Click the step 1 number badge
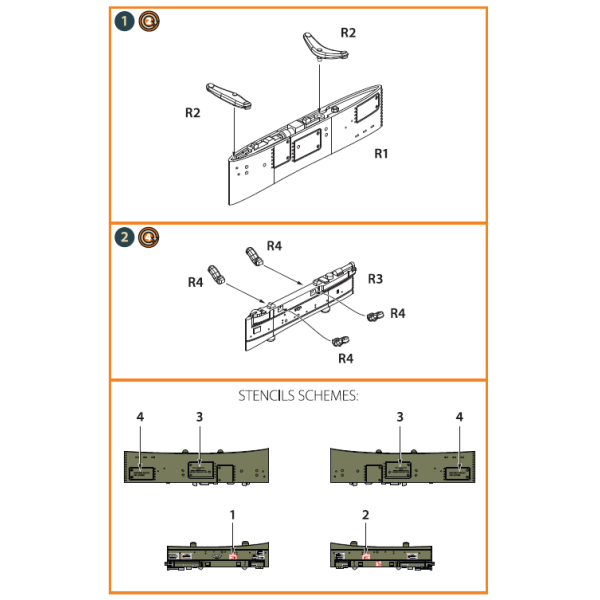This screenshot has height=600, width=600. tap(124, 21)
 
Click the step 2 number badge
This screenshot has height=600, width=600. tap(124, 237)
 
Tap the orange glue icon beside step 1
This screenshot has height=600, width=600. tap(147, 21)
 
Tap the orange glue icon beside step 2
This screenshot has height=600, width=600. tap(147, 237)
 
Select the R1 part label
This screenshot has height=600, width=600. tap(381, 154)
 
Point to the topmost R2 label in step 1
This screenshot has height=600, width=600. tap(348, 33)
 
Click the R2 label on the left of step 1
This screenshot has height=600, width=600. tap(193, 113)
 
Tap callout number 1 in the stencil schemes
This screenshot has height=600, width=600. tap(233, 514)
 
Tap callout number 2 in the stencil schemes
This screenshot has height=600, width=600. tap(366, 514)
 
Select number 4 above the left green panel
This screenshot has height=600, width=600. tap(140, 416)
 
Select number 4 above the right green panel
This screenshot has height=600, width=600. tap(459, 416)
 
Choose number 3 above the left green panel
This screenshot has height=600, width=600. tap(200, 416)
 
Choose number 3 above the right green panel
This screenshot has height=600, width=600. tap(400, 416)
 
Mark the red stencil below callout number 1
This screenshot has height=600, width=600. tap(234, 556)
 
